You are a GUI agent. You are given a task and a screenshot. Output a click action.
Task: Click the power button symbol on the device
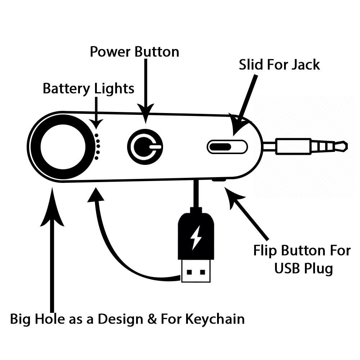pyautogui.click(x=145, y=147)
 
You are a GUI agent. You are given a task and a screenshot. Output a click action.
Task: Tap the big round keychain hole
pyautogui.click(x=63, y=147)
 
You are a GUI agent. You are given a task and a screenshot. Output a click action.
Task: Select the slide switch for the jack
pyautogui.click(x=227, y=147)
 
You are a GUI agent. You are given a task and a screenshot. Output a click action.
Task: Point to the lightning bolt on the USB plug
pyautogui.click(x=196, y=238)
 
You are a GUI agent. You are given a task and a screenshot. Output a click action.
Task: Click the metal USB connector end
pyautogui.click(x=196, y=270)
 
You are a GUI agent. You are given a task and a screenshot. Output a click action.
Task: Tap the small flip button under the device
pyautogui.click(x=219, y=179)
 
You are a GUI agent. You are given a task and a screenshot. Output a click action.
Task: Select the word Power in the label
pyautogui.click(x=111, y=52)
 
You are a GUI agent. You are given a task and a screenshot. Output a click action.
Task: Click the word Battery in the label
pyautogui.click(x=67, y=89)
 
